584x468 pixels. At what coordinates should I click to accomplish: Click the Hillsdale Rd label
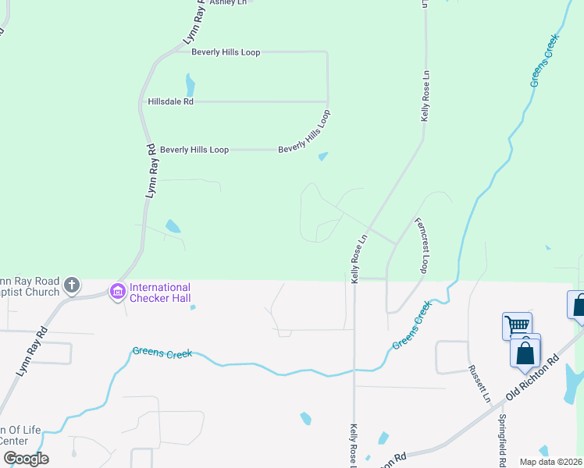click(170, 101)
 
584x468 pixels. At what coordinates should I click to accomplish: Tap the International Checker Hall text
click(159, 292)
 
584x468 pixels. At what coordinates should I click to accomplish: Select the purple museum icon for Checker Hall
click(118, 292)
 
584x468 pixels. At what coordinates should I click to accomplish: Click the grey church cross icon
click(72, 285)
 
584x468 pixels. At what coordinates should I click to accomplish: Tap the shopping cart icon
click(517, 325)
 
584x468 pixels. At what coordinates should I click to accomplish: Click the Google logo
click(26, 459)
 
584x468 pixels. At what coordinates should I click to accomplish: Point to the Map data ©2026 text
click(551, 462)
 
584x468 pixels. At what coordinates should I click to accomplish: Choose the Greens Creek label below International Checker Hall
click(162, 353)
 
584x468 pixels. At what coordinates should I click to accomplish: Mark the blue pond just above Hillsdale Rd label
click(189, 83)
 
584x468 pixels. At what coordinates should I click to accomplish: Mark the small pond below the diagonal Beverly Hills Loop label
click(322, 157)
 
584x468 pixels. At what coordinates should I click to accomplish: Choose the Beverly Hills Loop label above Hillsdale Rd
click(226, 52)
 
